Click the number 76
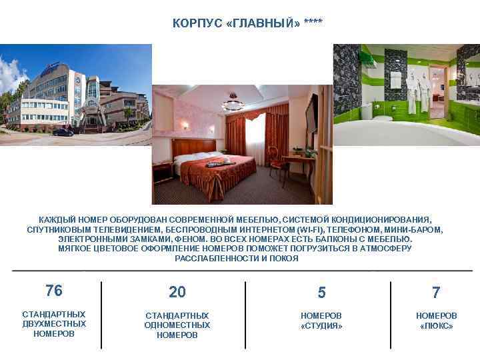tap(54, 290)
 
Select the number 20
tap(177, 292)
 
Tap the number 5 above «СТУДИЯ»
tap(322, 293)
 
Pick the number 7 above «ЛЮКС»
tap(436, 293)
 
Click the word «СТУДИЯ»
tap(321, 326)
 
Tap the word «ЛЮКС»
tap(437, 326)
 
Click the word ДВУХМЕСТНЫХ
tap(54, 324)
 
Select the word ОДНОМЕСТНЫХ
tap(177, 325)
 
